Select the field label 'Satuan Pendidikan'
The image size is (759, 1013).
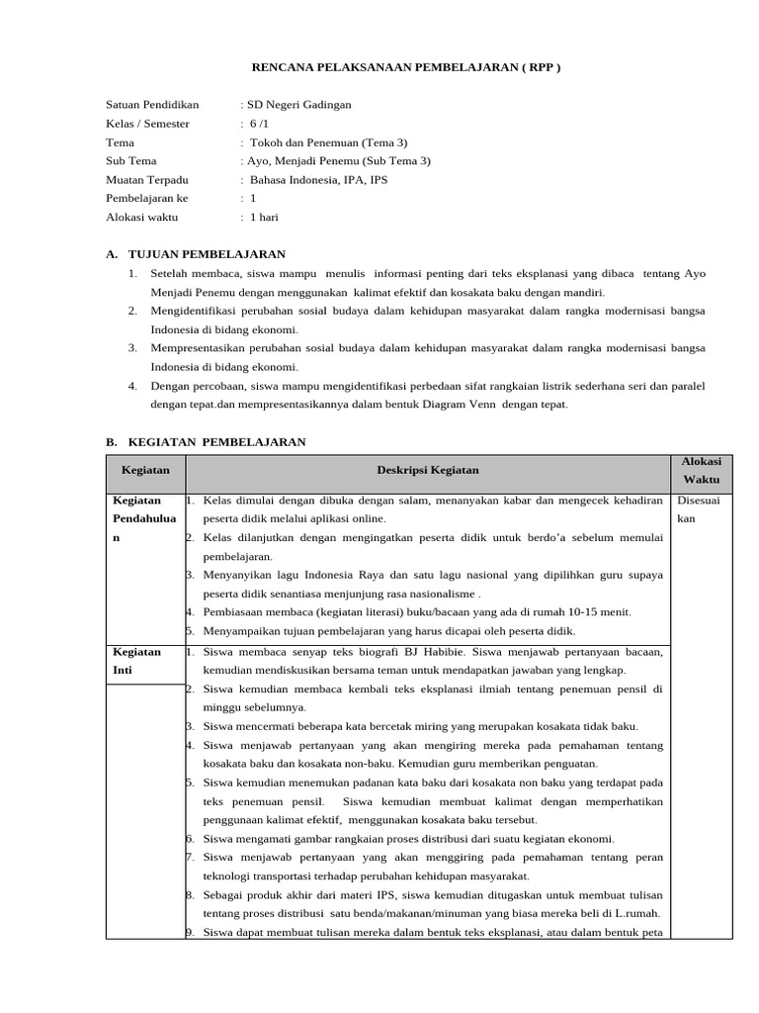tap(152, 104)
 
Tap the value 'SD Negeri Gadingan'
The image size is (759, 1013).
tap(298, 104)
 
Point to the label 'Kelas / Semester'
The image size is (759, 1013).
tap(147, 123)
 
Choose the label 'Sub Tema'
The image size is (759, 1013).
tap(131, 160)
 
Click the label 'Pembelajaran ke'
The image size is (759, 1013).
tap(146, 198)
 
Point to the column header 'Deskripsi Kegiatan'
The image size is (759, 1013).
tap(428, 471)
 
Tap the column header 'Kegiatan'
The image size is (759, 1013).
tap(145, 471)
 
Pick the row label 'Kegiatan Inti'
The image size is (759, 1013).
tap(137, 661)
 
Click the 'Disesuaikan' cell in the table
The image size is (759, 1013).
tap(700, 509)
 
